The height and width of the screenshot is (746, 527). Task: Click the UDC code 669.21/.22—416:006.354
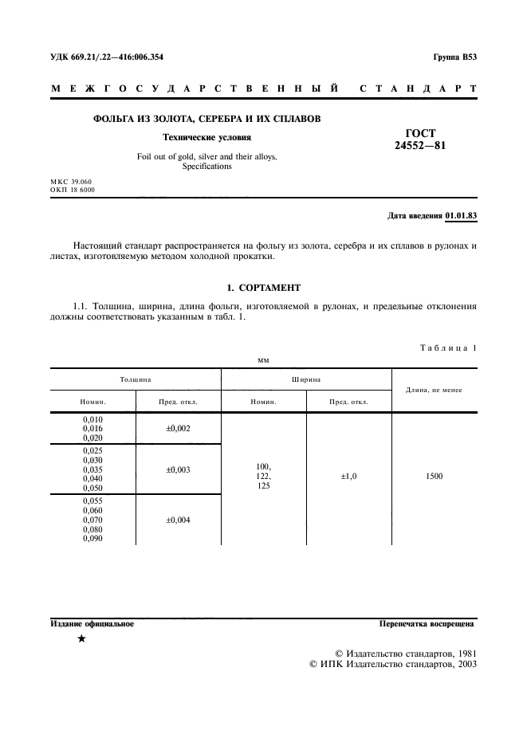107,57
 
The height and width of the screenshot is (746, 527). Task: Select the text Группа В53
454,57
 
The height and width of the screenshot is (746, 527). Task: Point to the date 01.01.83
460,216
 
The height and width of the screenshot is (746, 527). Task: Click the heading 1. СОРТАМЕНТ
263,287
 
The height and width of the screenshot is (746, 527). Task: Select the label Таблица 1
447,348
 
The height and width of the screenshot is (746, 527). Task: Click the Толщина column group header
136,380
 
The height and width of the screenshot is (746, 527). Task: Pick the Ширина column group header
306,380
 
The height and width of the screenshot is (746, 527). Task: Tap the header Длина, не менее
435,390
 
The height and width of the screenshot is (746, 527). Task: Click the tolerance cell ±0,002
178,428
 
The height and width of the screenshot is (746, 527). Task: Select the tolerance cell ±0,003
178,469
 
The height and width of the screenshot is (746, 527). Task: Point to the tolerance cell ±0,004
178,520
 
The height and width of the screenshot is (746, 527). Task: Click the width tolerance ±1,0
348,476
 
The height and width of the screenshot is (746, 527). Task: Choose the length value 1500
435,476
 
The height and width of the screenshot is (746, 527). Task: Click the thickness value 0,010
92,418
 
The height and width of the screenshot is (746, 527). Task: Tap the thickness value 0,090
92,539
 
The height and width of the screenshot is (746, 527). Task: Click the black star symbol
81,639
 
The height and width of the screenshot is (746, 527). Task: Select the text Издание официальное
92,624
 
